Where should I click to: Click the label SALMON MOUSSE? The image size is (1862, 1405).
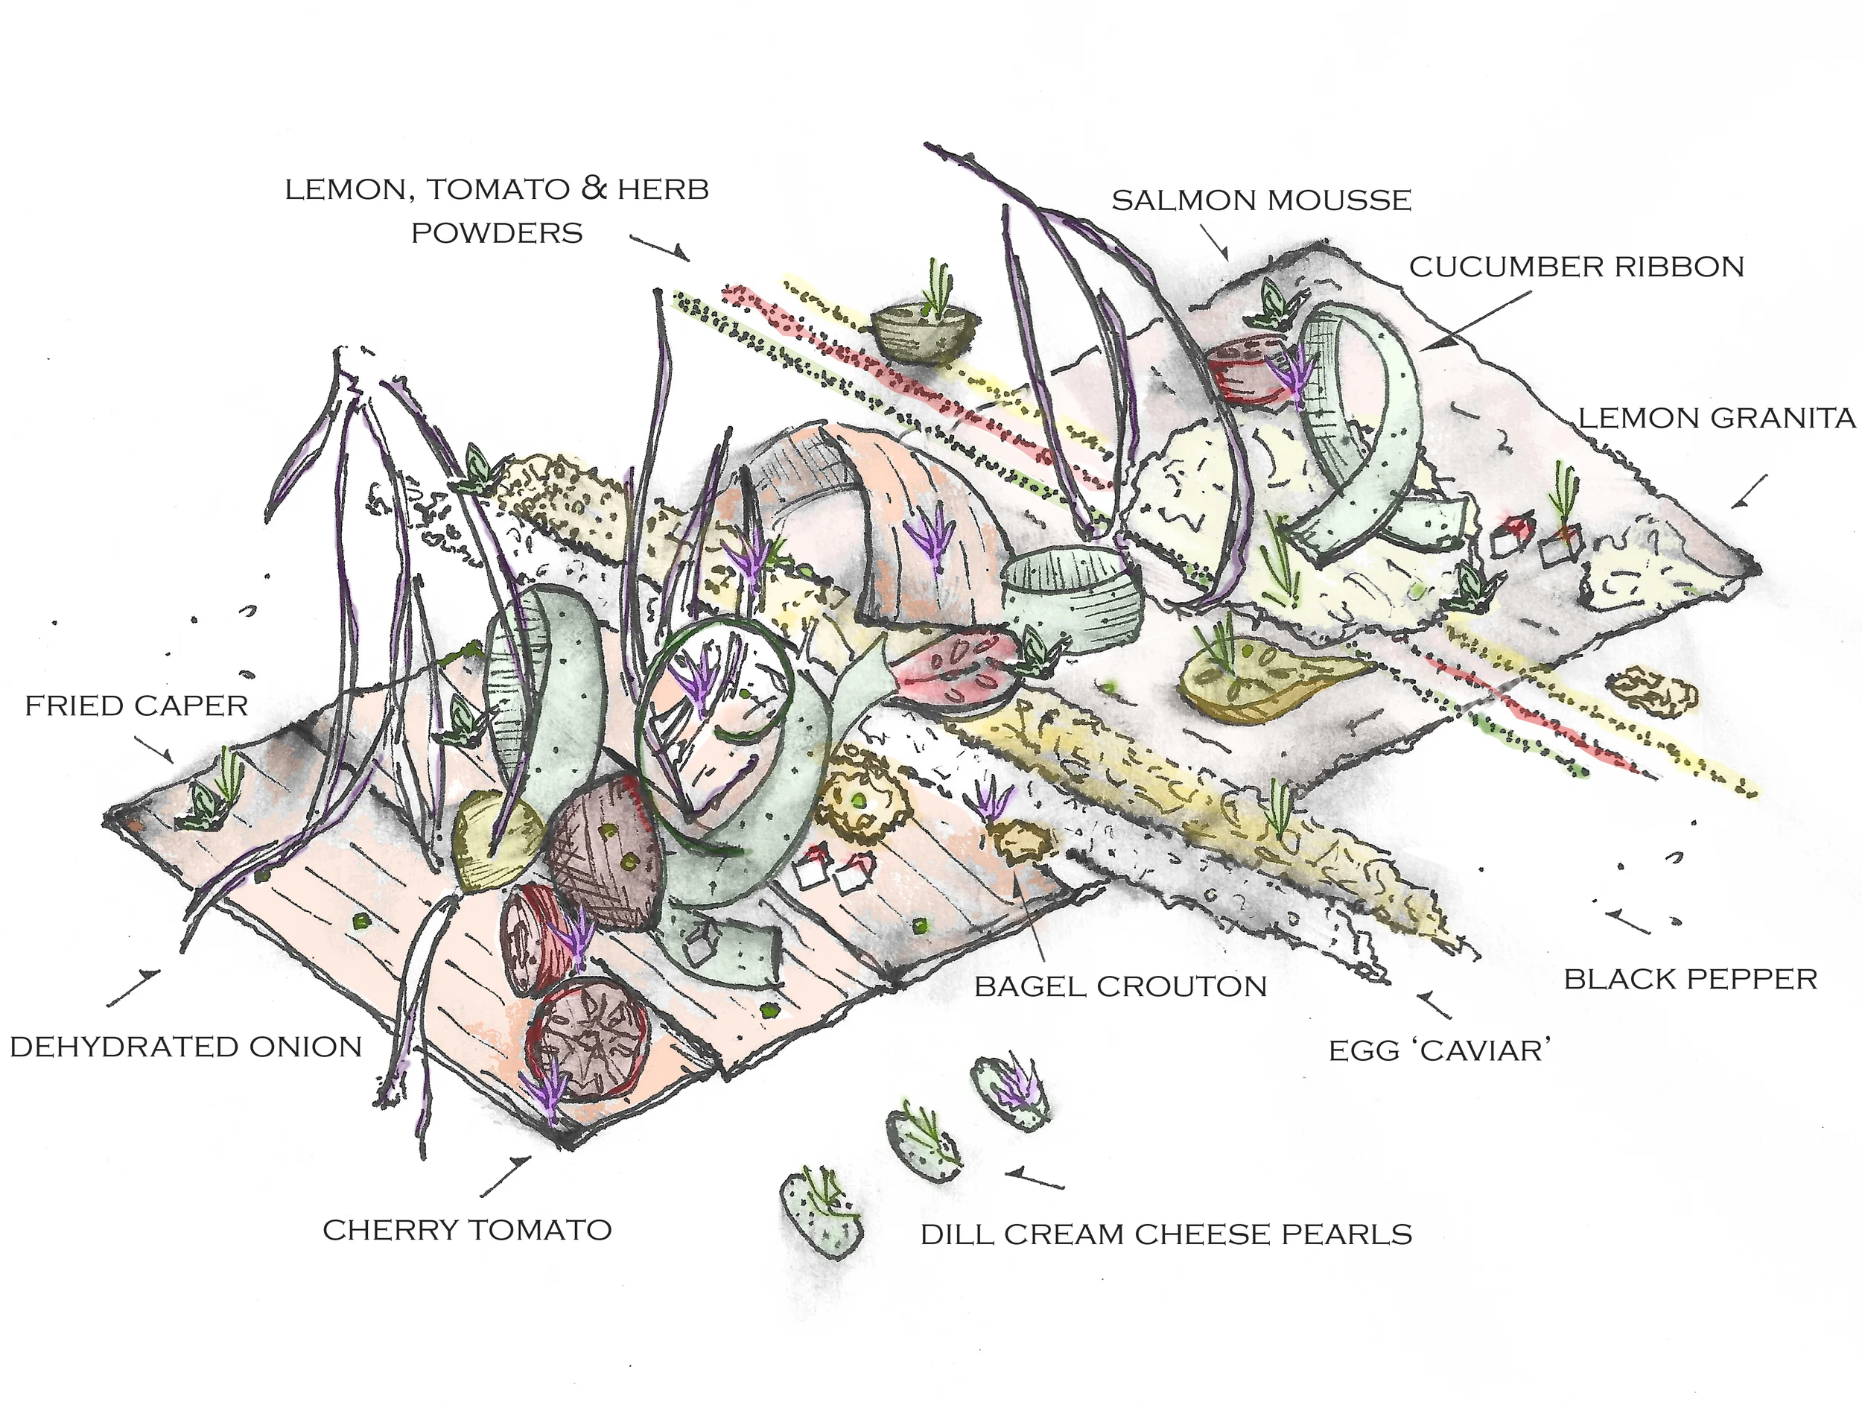1261,200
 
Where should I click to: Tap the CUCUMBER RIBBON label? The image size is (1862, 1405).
1577,267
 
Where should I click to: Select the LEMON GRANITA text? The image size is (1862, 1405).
1716,419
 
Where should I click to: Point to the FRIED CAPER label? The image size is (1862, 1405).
136,705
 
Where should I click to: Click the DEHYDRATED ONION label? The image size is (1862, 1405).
186,1047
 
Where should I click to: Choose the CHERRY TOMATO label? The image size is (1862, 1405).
467,1230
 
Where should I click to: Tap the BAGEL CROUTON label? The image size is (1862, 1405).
1120,986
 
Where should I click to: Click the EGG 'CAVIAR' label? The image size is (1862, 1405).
1440,1050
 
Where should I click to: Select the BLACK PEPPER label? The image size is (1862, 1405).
1690,979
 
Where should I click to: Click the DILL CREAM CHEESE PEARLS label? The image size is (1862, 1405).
1166,1234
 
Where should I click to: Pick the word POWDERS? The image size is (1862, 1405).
497,233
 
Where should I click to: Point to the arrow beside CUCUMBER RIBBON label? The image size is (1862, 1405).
1481,319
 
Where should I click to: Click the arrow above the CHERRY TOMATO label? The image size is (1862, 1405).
506,1176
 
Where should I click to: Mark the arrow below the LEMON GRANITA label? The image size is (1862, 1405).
1750,492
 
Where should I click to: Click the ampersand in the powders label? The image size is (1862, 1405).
594,188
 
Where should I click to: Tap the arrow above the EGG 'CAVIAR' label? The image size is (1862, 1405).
1435,1005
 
